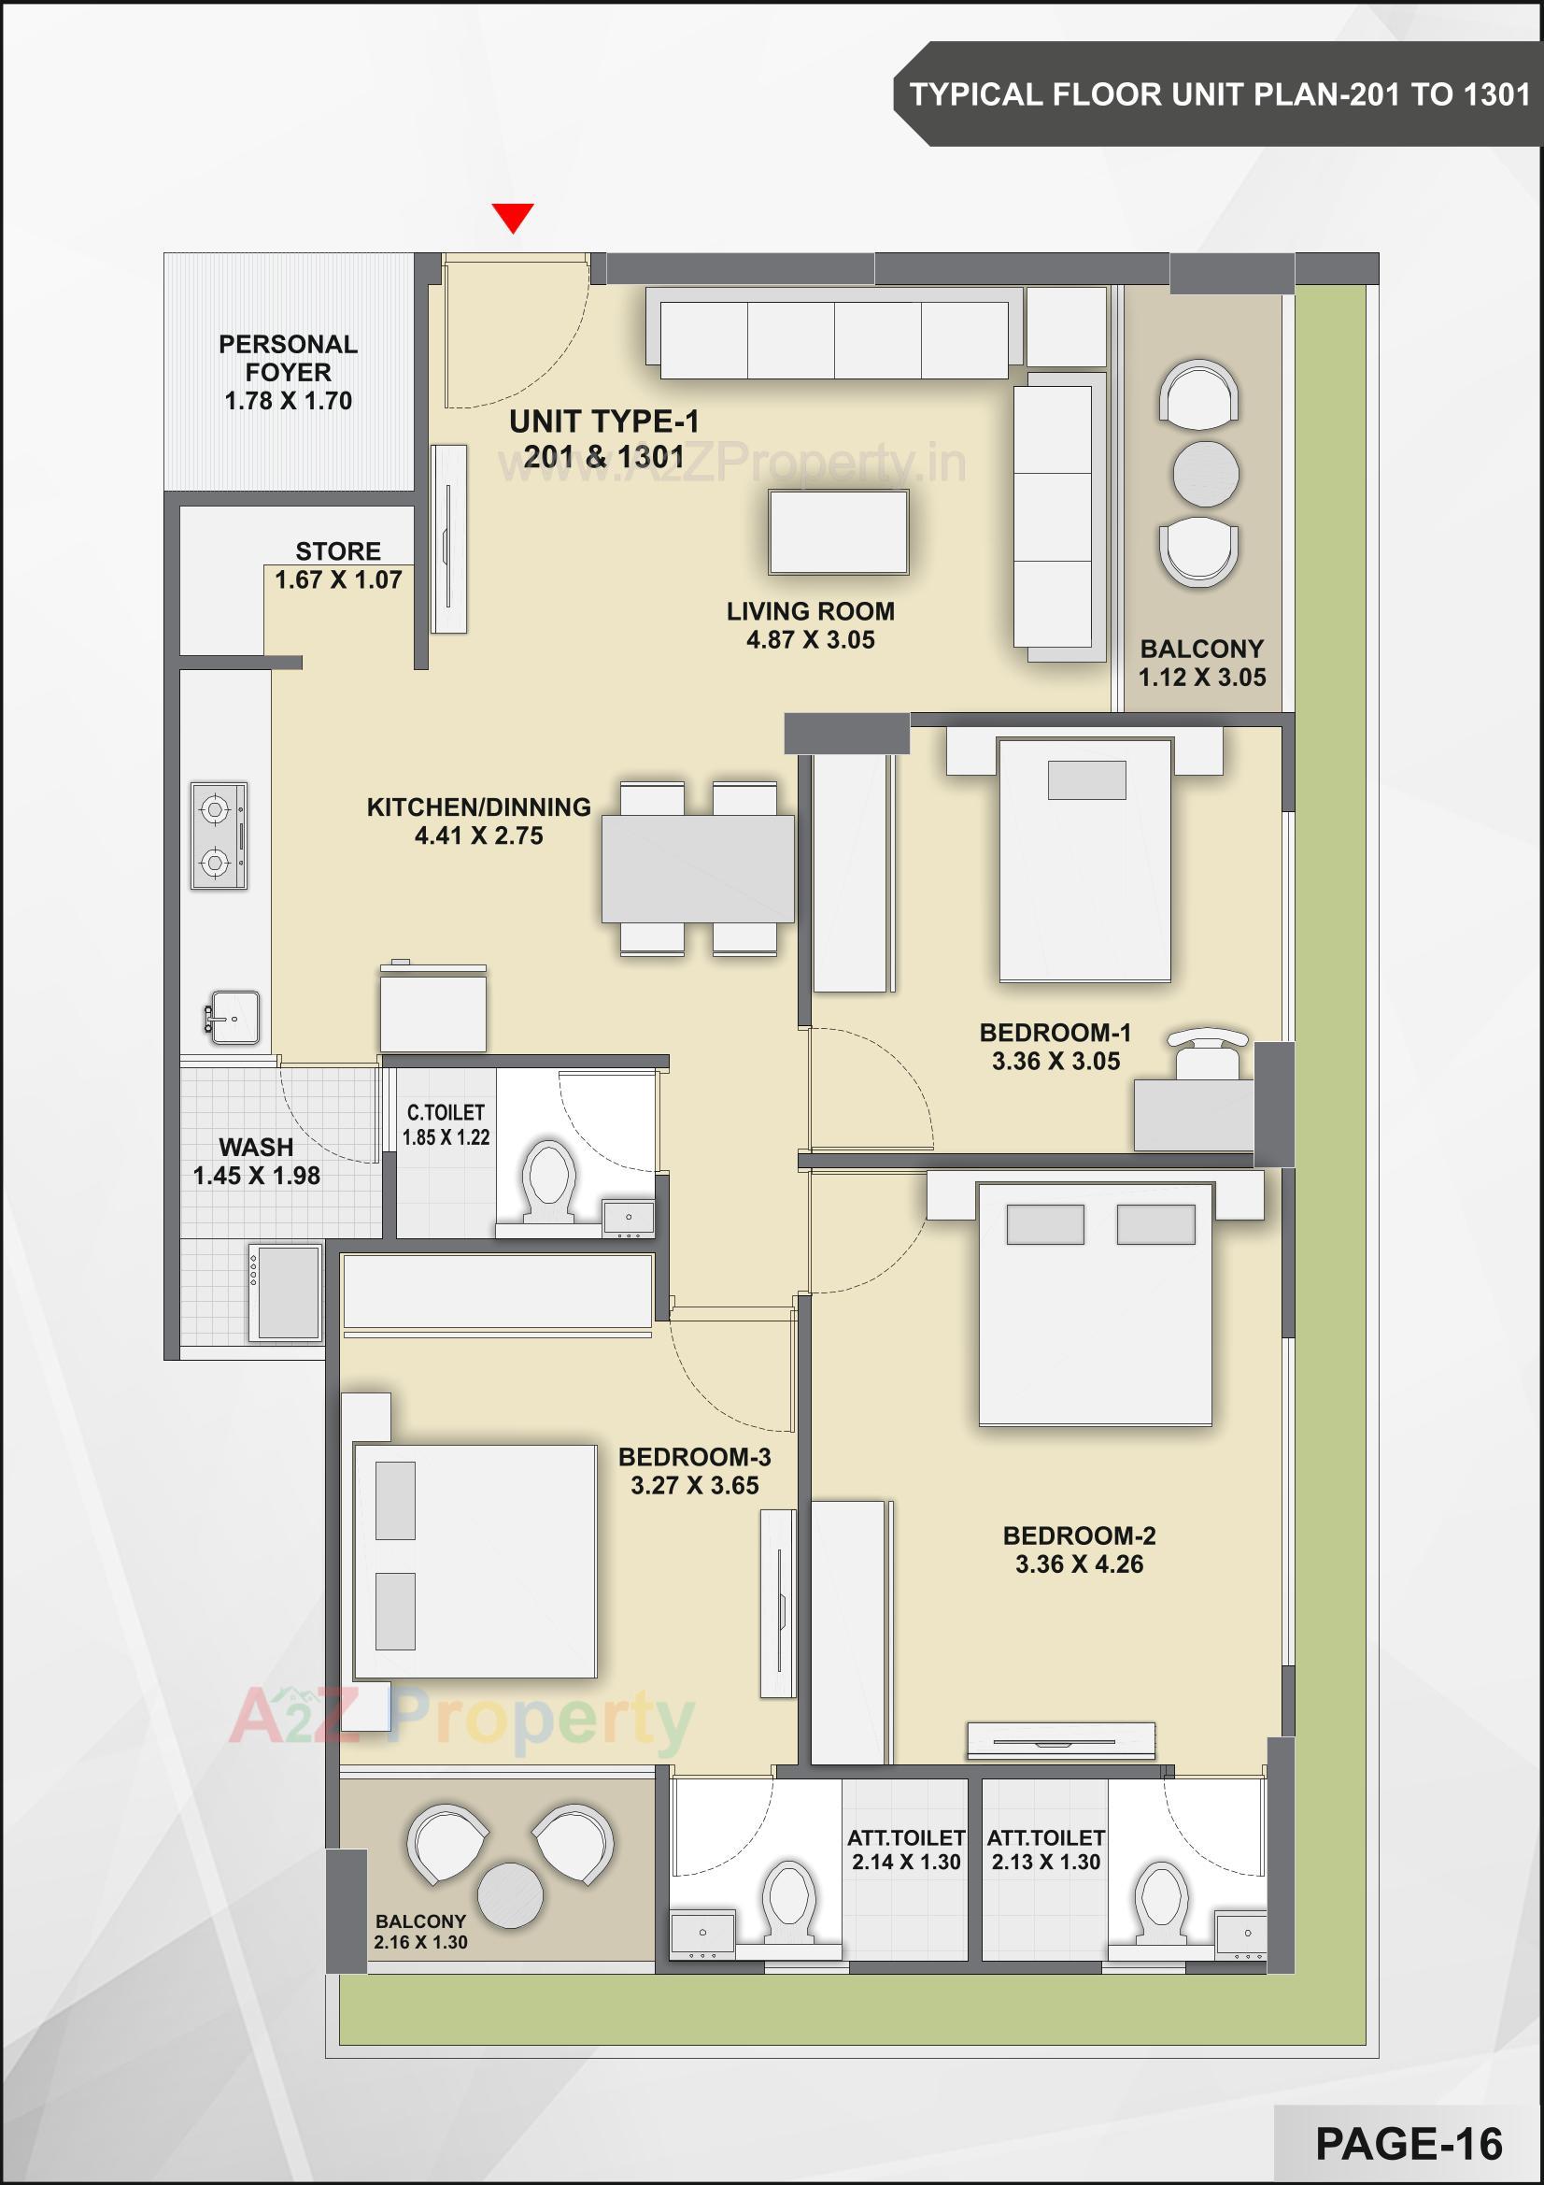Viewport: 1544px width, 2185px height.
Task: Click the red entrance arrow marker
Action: coord(513,216)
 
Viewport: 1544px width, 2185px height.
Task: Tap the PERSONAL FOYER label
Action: coord(289,358)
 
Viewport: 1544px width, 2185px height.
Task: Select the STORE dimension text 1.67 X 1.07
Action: coord(338,579)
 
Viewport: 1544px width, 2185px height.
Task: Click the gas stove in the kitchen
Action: coord(219,835)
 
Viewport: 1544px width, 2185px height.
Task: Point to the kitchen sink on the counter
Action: coord(234,1018)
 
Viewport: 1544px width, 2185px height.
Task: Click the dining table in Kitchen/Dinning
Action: coord(698,867)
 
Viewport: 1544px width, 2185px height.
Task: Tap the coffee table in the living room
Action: coord(838,532)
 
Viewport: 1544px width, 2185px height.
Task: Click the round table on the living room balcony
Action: coord(1205,473)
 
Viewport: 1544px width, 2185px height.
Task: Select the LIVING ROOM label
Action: coord(810,611)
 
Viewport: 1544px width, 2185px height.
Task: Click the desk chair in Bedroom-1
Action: coord(1208,1050)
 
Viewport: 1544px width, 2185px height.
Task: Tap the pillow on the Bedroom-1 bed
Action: coord(1085,779)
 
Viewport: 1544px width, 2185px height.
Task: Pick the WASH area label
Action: coord(256,1147)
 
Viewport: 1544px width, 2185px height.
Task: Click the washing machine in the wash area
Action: coord(285,1292)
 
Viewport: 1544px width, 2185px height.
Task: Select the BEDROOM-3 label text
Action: coord(693,1457)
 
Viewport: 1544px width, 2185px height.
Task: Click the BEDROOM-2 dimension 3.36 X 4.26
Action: coord(1079,1564)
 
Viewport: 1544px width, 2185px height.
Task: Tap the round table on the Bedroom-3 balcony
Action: coord(510,1894)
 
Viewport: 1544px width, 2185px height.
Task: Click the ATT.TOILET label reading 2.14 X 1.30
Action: coord(906,1862)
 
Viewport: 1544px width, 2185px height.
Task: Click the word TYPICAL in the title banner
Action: coord(975,94)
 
